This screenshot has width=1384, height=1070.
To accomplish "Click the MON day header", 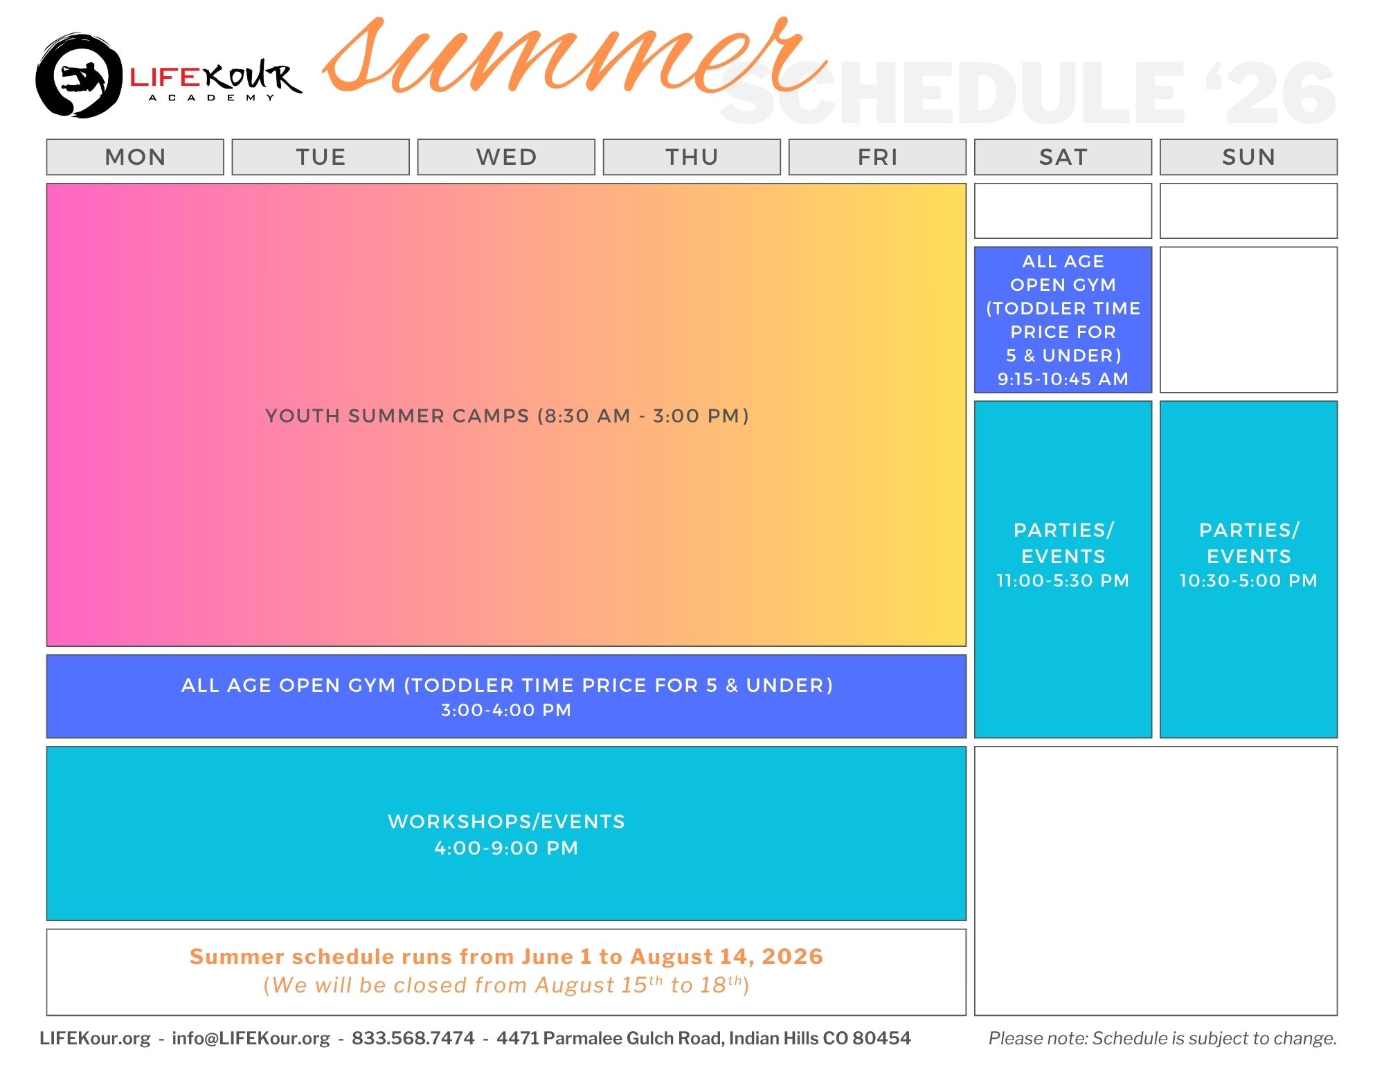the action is pyautogui.click(x=135, y=157).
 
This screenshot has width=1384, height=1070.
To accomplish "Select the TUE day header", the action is pyautogui.click(x=321, y=157).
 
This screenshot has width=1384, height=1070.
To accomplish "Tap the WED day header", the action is pyautogui.click(x=506, y=157).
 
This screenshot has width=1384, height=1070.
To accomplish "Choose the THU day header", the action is pyautogui.click(x=692, y=157).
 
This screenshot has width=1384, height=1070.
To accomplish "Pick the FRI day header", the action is pyautogui.click(x=877, y=157).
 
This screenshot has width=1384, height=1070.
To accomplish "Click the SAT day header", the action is pyautogui.click(x=1063, y=157).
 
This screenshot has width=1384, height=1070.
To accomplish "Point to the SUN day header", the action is pyautogui.click(x=1248, y=157).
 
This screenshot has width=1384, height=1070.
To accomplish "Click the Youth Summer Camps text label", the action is pyautogui.click(x=507, y=416).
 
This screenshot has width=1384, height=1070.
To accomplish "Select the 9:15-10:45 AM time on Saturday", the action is pyautogui.click(x=1063, y=379).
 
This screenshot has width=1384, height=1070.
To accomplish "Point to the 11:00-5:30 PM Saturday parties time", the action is pyautogui.click(x=1063, y=580).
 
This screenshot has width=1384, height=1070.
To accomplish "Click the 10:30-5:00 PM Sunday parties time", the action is pyautogui.click(x=1248, y=580).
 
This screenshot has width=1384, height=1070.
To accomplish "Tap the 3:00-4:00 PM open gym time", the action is pyautogui.click(x=506, y=710).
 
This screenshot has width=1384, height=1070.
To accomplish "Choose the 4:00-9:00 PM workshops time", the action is pyautogui.click(x=506, y=848).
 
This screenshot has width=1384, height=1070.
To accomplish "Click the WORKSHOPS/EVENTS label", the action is pyautogui.click(x=506, y=821).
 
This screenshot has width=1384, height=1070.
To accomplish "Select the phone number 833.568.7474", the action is pyautogui.click(x=413, y=1038).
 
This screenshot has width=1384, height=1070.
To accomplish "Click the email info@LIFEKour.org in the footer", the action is pyautogui.click(x=251, y=1038).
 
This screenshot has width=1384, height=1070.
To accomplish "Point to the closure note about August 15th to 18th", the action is pyautogui.click(x=506, y=985).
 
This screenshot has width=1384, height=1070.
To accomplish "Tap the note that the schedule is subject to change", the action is pyautogui.click(x=1162, y=1038).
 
